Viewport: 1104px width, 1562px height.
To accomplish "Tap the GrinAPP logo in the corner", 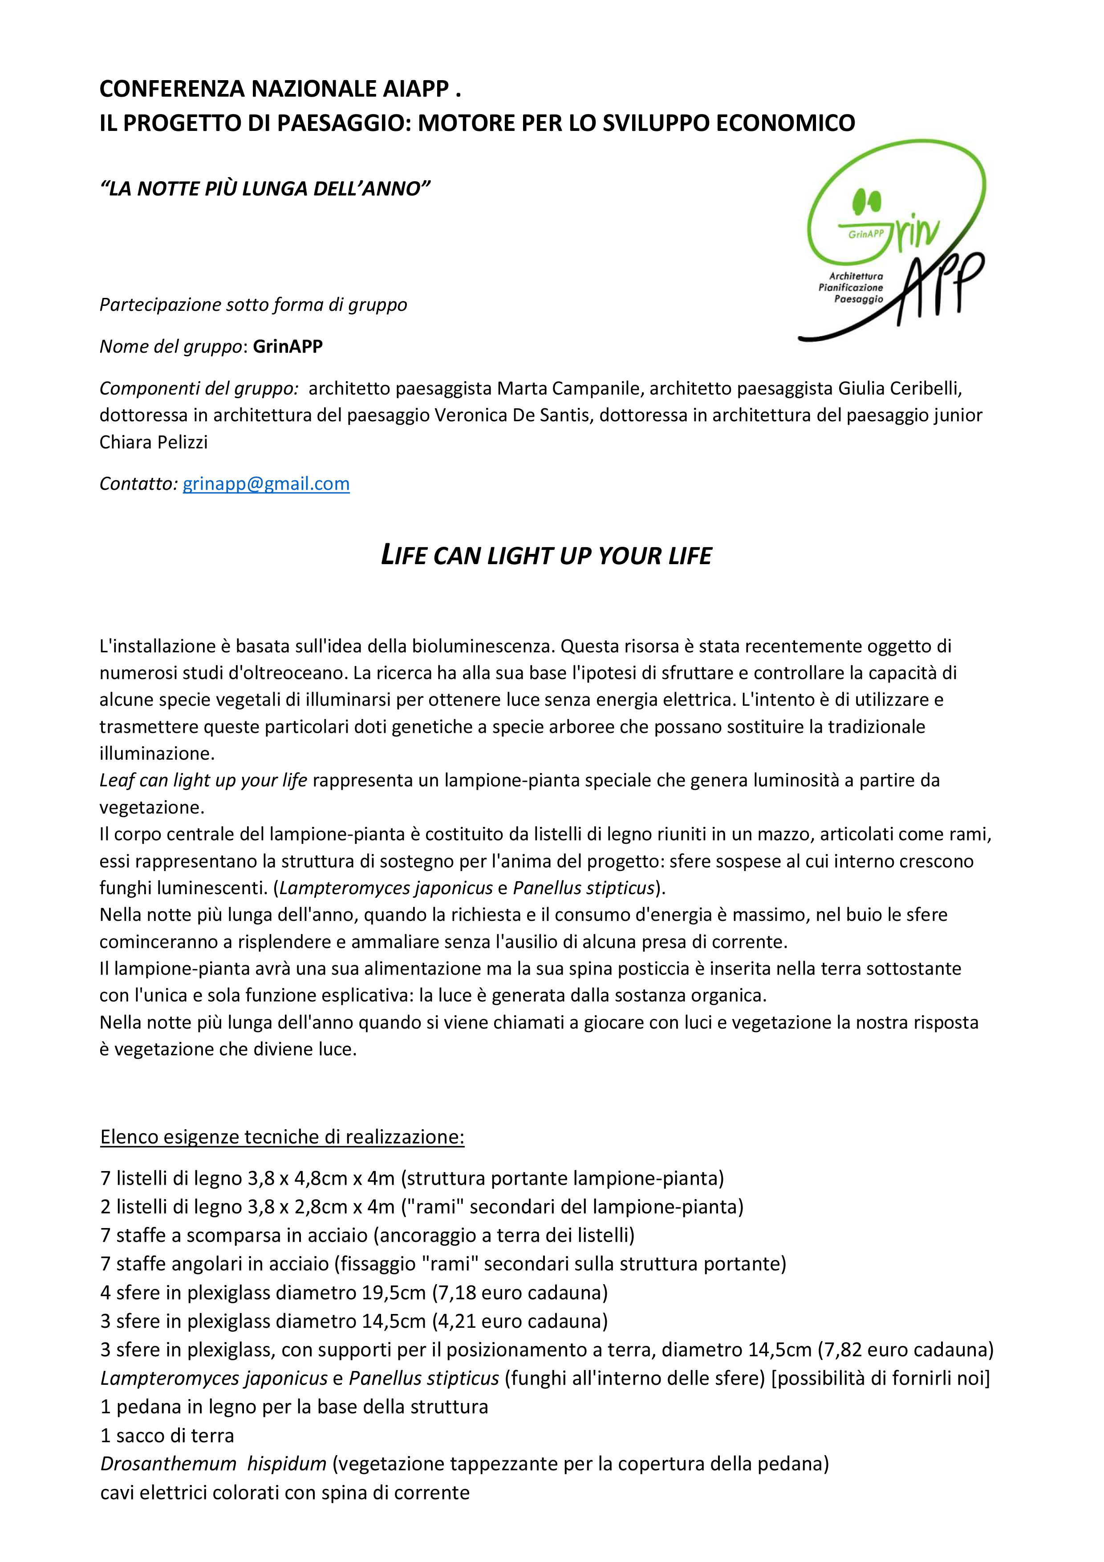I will tap(893, 241).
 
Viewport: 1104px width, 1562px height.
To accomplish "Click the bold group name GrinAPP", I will tap(288, 346).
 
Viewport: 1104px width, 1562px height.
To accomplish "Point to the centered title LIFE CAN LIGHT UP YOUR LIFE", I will tap(546, 556).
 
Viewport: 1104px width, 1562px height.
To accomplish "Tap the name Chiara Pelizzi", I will tap(154, 442).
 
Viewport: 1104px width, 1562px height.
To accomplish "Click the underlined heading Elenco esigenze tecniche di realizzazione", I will tap(282, 1137).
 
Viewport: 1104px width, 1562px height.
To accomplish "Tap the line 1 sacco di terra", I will tap(167, 1436).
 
